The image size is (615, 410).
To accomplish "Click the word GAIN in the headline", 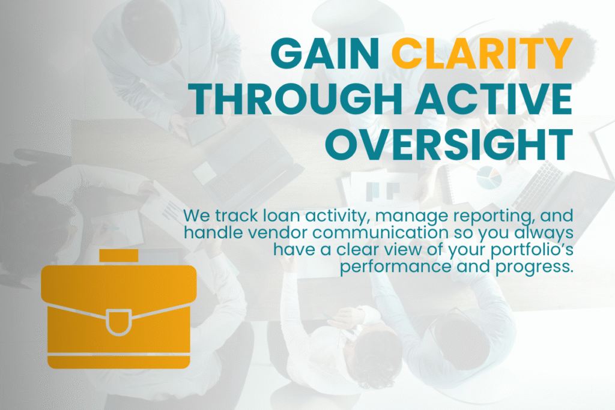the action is coord(325,53).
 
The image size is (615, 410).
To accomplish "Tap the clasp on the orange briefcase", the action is coord(119,322).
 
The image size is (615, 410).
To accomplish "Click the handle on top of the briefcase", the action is coord(119,256).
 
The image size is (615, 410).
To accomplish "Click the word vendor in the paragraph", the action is coord(279,232).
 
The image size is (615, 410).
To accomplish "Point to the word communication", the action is coord(380,232).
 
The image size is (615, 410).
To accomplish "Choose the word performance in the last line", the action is coord(396,267).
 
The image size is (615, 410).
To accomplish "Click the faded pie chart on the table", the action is coord(489,178).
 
